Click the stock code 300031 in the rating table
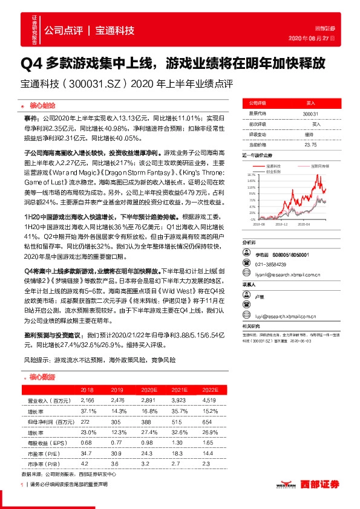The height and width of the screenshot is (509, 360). (x=310, y=113)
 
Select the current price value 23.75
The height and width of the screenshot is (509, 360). (x=310, y=144)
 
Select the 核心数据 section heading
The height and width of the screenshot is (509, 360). (x=41, y=377)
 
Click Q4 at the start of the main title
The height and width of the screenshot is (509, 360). (x=30, y=63)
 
